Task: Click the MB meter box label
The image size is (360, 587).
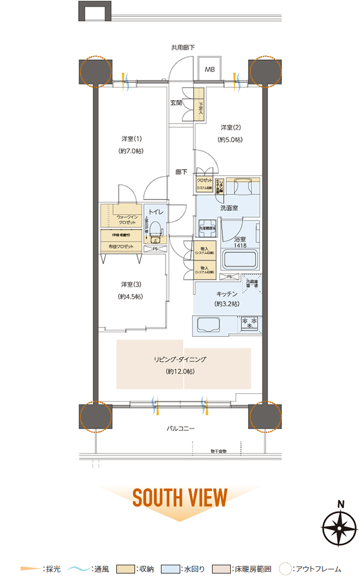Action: point(210,70)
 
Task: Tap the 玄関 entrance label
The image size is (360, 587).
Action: point(176,103)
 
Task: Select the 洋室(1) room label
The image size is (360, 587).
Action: point(132,139)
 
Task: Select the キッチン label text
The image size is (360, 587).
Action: point(227,293)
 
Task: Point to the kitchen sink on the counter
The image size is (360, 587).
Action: point(209,325)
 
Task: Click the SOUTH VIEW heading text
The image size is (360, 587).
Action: point(180,498)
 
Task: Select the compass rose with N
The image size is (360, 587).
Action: point(339,528)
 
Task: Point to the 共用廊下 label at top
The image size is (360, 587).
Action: point(183,48)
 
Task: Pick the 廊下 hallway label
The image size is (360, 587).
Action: point(181,173)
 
